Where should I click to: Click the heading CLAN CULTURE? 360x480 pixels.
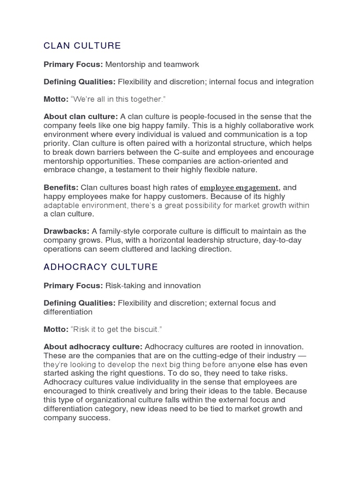pyautogui.click(x=82, y=45)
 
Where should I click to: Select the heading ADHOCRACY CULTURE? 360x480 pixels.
pyautogui.click(x=101, y=267)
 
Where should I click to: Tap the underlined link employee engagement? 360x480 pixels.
pyautogui.click(x=240, y=188)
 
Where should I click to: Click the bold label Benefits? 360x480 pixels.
pyautogui.click(x=61, y=187)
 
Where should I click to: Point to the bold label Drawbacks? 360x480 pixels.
pyautogui.click(x=66, y=232)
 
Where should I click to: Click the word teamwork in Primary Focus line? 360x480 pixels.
pyautogui.click(x=182, y=64)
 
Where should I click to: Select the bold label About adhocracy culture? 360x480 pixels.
pyautogui.click(x=93, y=347)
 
